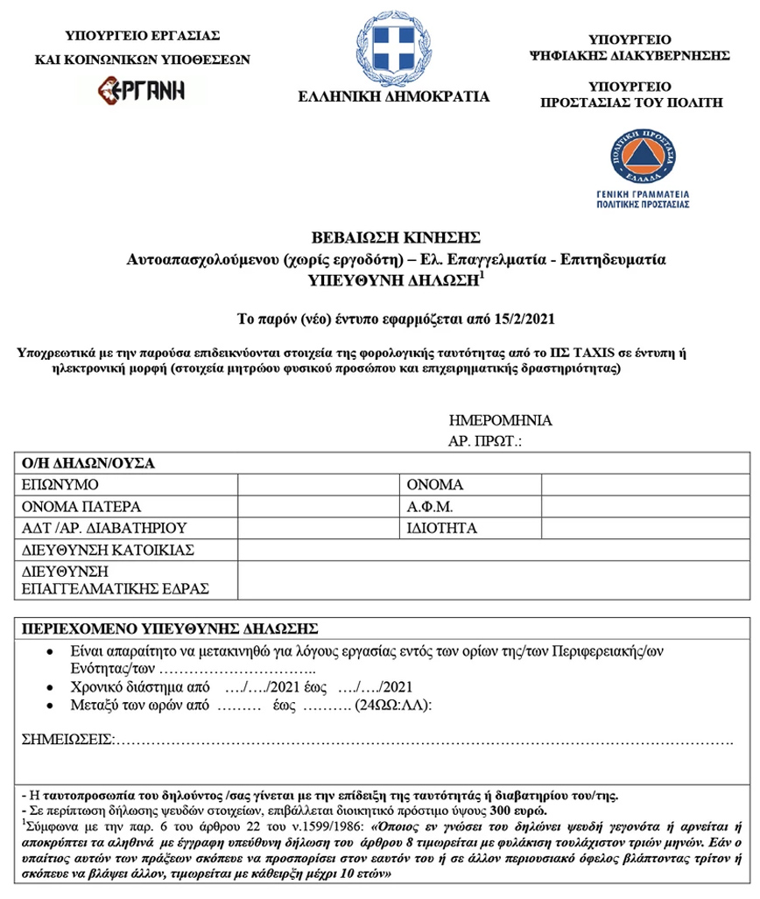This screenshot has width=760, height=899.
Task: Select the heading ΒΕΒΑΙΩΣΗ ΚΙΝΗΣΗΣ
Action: click(x=396, y=237)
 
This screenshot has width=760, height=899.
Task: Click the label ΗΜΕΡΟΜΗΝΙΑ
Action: click(x=500, y=420)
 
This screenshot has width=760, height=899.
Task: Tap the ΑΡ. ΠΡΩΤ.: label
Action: click(x=485, y=440)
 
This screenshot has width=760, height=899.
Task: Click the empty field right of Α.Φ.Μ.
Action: click(x=645, y=507)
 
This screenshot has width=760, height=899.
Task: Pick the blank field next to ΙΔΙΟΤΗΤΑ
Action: click(x=645, y=529)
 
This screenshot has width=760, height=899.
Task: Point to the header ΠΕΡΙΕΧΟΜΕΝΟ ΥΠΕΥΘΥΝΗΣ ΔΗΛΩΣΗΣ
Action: click(x=170, y=629)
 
